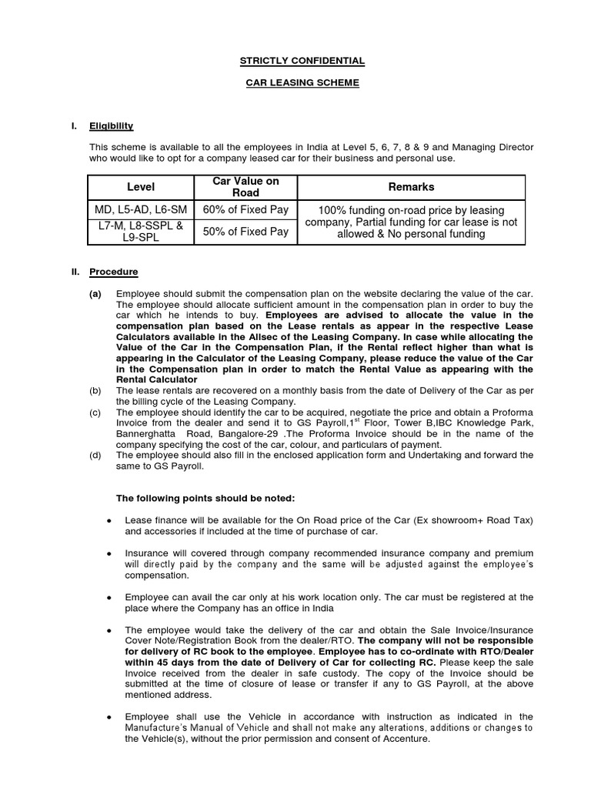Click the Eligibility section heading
(x=112, y=125)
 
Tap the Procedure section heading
(x=113, y=272)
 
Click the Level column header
(x=140, y=187)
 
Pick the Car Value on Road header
(x=245, y=187)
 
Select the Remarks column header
(x=411, y=187)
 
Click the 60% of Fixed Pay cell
(x=245, y=210)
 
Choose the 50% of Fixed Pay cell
(x=245, y=231)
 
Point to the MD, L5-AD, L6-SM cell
(x=140, y=210)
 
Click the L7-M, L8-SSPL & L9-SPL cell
(x=140, y=231)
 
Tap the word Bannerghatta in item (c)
(x=145, y=435)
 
